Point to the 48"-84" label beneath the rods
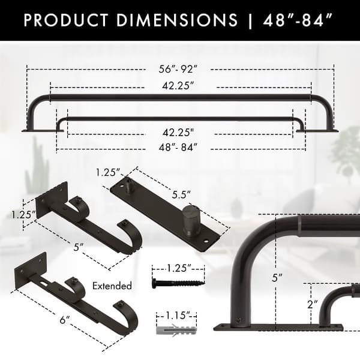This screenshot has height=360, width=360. tap(179, 146)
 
